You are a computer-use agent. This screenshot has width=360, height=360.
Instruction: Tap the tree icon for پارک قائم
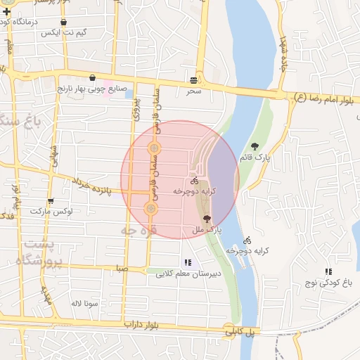tap(255, 146)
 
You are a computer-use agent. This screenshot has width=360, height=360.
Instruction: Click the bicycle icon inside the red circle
tap(194, 181)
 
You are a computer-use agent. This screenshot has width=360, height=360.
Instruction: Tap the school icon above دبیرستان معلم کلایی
tap(187, 262)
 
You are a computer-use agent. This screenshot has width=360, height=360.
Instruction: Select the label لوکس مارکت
tap(47, 211)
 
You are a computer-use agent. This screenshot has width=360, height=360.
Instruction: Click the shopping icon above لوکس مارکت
tap(49, 201)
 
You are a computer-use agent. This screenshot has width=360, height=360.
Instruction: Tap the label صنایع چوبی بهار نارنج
tap(92, 89)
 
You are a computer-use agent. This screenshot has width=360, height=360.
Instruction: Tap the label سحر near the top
tap(194, 91)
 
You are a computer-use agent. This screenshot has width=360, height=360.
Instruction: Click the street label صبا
tap(122, 268)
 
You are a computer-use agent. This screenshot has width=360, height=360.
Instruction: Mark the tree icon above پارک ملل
tap(206, 219)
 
